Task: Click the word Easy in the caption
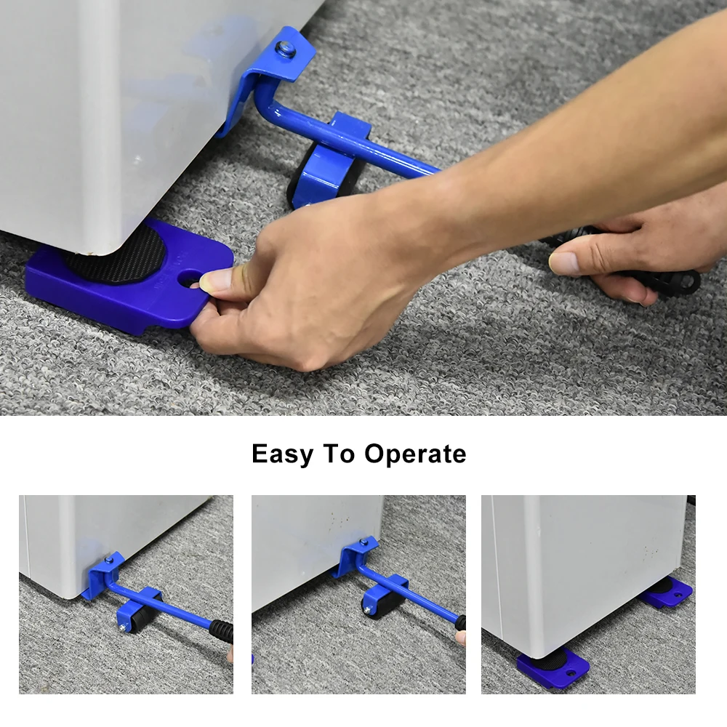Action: (282, 454)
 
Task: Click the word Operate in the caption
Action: (415, 454)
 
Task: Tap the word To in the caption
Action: (339, 453)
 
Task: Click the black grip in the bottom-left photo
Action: (221, 631)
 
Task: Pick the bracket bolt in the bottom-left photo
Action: (109, 560)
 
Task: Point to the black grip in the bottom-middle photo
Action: (461, 623)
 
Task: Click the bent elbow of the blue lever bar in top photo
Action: (268, 104)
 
